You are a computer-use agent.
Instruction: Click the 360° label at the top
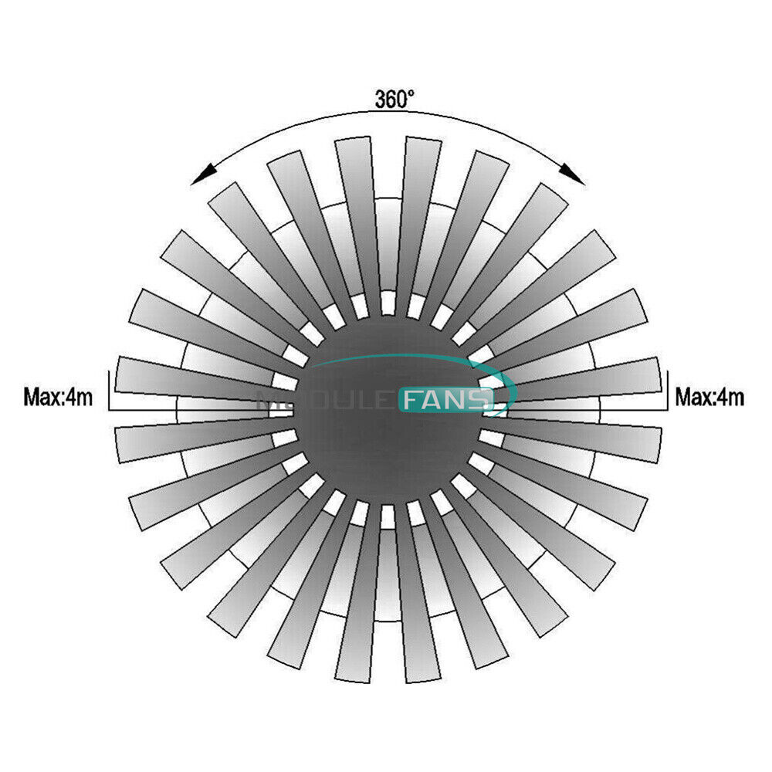394,99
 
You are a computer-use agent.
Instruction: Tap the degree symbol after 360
410,93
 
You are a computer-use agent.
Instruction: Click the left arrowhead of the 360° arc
203,174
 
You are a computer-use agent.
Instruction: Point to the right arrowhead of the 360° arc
572,174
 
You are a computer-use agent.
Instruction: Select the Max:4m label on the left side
58,396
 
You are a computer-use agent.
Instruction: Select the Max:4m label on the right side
709,396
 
